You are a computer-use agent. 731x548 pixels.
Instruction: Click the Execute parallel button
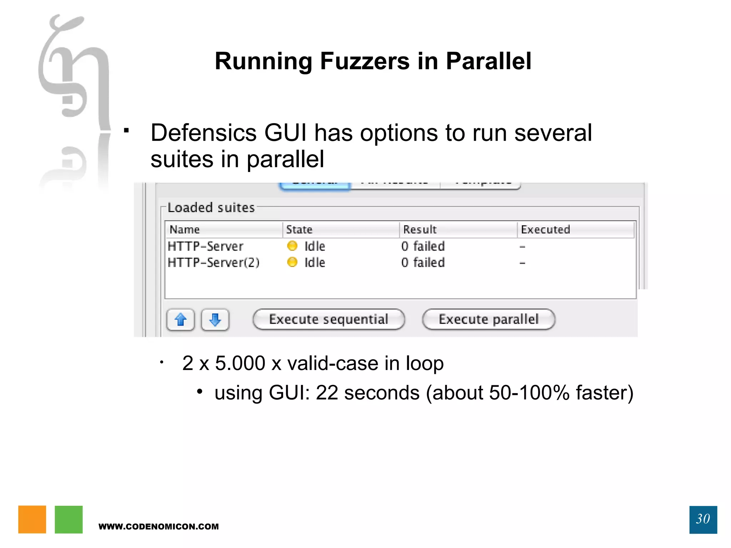click(488, 319)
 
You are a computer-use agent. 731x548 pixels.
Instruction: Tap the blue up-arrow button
click(181, 320)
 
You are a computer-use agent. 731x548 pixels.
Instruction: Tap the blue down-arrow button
click(215, 320)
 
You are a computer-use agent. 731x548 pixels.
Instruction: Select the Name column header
click(185, 229)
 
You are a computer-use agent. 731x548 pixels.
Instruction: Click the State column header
click(299, 229)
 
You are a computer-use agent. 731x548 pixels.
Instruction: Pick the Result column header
click(420, 229)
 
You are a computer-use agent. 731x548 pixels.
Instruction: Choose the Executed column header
click(545, 229)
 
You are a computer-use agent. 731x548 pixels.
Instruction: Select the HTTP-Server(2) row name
click(213, 263)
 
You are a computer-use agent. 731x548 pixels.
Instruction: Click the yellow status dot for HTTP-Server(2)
click(292, 262)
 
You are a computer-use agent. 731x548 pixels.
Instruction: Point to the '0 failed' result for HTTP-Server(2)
click(423, 263)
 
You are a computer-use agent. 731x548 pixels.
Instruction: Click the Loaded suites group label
click(211, 208)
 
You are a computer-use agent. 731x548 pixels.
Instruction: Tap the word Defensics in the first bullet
click(203, 133)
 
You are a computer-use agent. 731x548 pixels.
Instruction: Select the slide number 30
click(703, 519)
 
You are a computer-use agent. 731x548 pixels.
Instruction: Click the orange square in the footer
click(32, 519)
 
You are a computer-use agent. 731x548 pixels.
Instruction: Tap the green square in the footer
click(69, 519)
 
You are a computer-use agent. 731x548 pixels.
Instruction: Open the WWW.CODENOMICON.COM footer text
click(158, 527)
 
